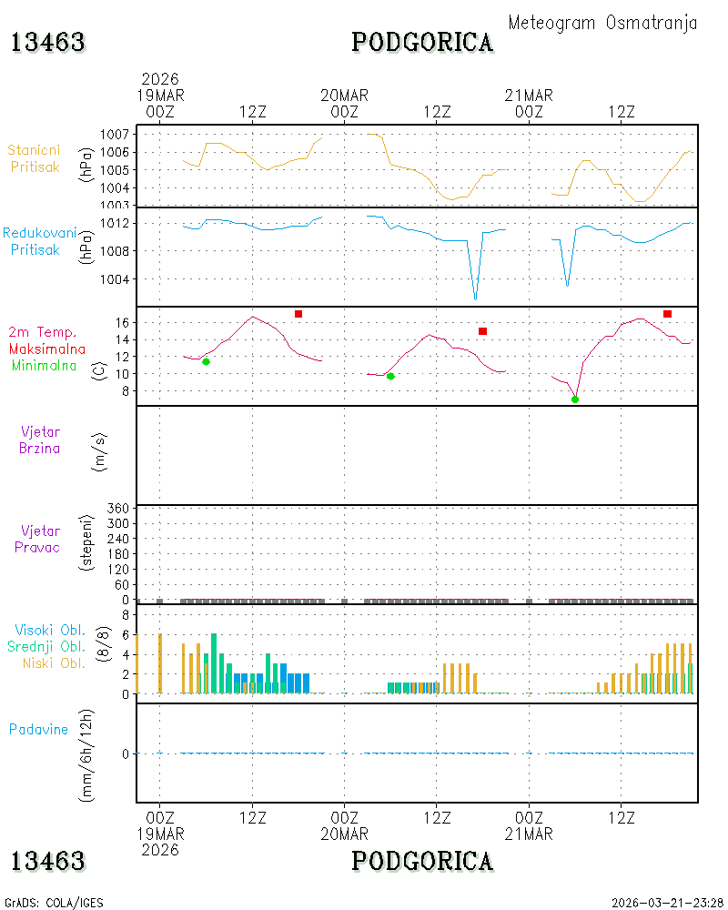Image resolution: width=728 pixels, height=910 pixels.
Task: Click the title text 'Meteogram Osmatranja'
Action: pos(602,23)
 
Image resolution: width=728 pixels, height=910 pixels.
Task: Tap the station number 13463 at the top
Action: pos(48,43)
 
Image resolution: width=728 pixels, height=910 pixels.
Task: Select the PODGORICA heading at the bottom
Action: pos(422,861)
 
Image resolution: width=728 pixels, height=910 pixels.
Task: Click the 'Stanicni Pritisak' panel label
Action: pos(35,158)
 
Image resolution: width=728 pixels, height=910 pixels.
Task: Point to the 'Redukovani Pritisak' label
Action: pos(39,241)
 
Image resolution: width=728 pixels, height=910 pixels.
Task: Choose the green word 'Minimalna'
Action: pos(44,366)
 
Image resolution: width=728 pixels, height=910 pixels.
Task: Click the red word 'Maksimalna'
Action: pos(47,349)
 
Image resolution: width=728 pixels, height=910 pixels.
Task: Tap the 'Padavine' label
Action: pos(38,730)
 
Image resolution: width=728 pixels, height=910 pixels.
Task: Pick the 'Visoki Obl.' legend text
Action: pos(50,630)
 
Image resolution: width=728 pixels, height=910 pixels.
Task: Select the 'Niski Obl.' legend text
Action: pos(54,662)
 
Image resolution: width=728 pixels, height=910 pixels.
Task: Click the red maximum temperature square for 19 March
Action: pos(298,314)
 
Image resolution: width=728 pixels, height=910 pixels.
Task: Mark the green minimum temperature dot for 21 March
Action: pos(575,399)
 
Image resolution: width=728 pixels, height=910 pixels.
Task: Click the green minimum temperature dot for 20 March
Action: pos(390,377)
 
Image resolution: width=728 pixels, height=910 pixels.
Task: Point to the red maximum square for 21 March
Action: pos(668,314)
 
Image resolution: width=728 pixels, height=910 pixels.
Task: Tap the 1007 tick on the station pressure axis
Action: pos(115,135)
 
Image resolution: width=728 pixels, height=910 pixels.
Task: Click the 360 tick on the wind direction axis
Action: pos(118,509)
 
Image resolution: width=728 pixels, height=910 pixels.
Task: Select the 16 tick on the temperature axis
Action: pos(122,323)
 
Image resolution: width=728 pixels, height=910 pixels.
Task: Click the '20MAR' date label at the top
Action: pos(344,96)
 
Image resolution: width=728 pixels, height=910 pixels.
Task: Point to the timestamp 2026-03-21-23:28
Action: pos(667,903)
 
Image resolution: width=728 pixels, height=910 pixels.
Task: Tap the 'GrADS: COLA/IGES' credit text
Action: pos(54,903)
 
